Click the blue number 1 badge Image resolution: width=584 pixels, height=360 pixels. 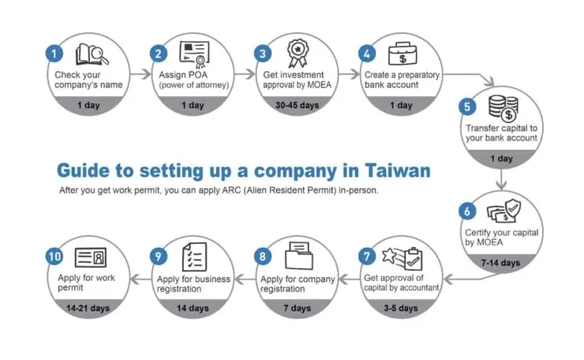(x=54, y=54)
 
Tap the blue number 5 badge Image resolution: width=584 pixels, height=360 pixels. (x=467, y=106)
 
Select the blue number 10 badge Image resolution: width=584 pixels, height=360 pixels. (x=54, y=257)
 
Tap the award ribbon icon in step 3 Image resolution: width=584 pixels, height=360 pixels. (x=297, y=53)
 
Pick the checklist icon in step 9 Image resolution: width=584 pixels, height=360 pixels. (x=193, y=257)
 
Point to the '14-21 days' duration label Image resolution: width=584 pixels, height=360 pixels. (x=88, y=308)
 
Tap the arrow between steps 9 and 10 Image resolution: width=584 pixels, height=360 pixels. (x=140, y=279)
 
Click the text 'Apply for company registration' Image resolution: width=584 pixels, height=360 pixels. (x=298, y=283)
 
